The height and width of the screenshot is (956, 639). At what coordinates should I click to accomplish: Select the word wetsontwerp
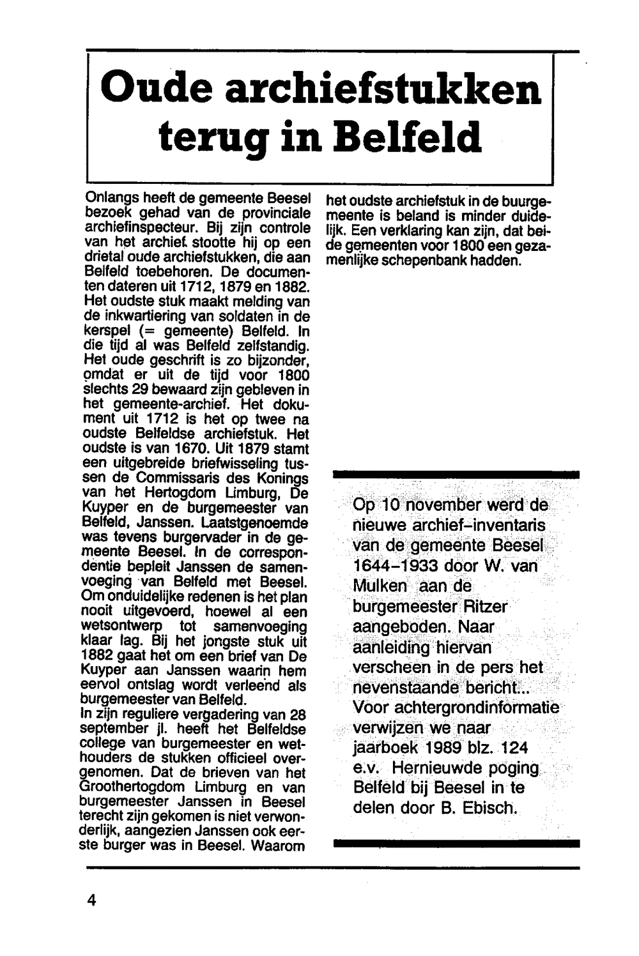(122, 626)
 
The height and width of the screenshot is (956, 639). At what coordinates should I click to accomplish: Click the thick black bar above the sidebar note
(456, 474)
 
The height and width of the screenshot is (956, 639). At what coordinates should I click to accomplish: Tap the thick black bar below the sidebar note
(456, 843)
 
